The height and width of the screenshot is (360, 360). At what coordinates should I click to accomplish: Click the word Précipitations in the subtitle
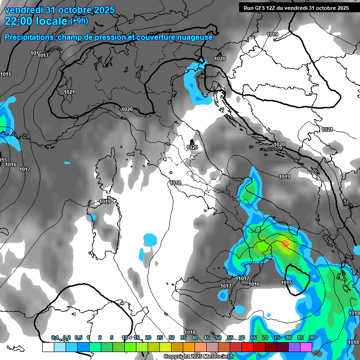(x=28, y=37)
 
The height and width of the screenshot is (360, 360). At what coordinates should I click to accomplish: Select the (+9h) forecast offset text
(x=79, y=21)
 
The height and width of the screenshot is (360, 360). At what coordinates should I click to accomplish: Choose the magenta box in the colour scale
(x=306, y=347)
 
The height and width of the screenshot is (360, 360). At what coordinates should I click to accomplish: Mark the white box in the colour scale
(x=48, y=347)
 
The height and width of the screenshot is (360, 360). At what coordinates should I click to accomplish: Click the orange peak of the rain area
(x=285, y=244)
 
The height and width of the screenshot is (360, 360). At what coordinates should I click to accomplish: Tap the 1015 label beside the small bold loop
(x=286, y=283)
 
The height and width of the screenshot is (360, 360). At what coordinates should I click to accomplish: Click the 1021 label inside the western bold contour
(x=69, y=92)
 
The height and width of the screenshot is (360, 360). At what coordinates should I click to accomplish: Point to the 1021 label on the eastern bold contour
(x=327, y=130)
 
